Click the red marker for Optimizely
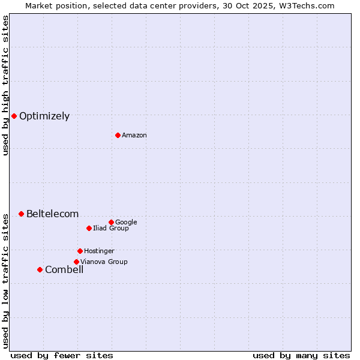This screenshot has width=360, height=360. pyautogui.click(x=14, y=116)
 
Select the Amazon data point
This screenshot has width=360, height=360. pyautogui.click(x=118, y=135)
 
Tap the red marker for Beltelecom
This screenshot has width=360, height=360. pyautogui.click(x=21, y=214)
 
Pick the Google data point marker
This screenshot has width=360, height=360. pyautogui.click(x=111, y=222)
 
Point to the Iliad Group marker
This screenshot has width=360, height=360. pyautogui.click(x=89, y=228)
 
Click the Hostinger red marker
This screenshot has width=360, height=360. pyautogui.click(x=80, y=251)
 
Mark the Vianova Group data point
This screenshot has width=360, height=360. pyautogui.click(x=76, y=262)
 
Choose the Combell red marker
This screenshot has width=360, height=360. pyautogui.click(x=40, y=269)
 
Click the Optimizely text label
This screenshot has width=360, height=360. pyautogui.click(x=44, y=116)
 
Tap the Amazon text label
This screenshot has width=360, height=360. pyautogui.click(x=134, y=136)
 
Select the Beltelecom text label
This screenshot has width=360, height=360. pyautogui.click(x=52, y=214)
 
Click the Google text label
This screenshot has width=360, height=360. pyautogui.click(x=126, y=223)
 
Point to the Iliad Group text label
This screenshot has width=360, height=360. pyautogui.click(x=111, y=229)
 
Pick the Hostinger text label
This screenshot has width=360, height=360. pyautogui.click(x=99, y=251)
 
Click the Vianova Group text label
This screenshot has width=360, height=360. pyautogui.click(x=104, y=262)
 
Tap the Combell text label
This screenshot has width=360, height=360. pyautogui.click(x=64, y=270)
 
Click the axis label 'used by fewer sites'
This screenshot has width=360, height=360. pyautogui.click(x=62, y=355)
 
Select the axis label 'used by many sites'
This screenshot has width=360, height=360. pyautogui.click(x=301, y=355)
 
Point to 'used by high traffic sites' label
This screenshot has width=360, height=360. pyautogui.click(x=5, y=85)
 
